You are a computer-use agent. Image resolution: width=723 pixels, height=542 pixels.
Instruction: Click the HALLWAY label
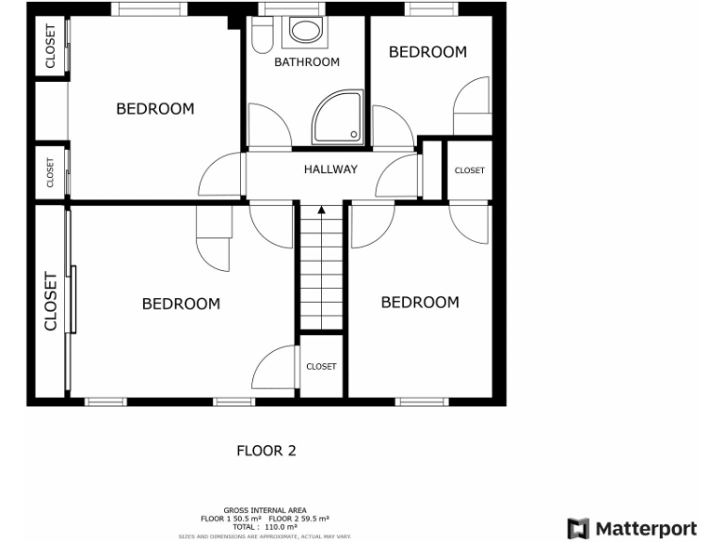click(x=330, y=169)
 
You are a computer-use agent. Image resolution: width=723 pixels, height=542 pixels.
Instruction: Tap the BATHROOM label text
click(x=306, y=62)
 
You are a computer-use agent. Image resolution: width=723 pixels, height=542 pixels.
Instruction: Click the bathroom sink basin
click(x=305, y=30)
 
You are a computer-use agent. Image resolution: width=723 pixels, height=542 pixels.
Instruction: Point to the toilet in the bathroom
click(x=262, y=36)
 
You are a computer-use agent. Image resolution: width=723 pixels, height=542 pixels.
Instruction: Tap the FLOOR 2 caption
click(x=265, y=451)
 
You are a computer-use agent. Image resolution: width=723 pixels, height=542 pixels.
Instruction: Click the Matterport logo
click(x=632, y=528)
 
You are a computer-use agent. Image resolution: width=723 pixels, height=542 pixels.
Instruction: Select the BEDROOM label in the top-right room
click(x=427, y=53)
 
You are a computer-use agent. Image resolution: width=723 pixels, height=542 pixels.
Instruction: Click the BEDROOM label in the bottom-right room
click(x=420, y=302)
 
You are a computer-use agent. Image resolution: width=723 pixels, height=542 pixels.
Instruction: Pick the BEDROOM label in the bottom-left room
click(x=181, y=303)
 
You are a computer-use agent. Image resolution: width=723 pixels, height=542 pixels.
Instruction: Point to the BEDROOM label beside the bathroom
click(x=155, y=109)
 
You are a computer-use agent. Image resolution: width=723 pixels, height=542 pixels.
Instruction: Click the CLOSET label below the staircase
click(x=321, y=366)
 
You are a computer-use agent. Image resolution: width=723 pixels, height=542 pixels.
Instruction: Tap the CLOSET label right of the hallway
click(x=469, y=170)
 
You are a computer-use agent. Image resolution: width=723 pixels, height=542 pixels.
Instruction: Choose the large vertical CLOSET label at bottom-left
click(x=51, y=302)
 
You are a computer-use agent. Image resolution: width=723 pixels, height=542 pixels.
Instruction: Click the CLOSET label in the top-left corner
click(x=50, y=45)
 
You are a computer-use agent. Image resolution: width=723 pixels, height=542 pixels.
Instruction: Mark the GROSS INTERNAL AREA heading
click(x=265, y=511)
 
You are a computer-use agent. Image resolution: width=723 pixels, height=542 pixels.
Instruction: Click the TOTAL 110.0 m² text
click(x=265, y=527)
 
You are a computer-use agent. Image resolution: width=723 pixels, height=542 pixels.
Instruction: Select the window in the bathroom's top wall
click(x=288, y=8)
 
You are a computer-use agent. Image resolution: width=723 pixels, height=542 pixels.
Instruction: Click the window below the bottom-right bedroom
click(x=421, y=402)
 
